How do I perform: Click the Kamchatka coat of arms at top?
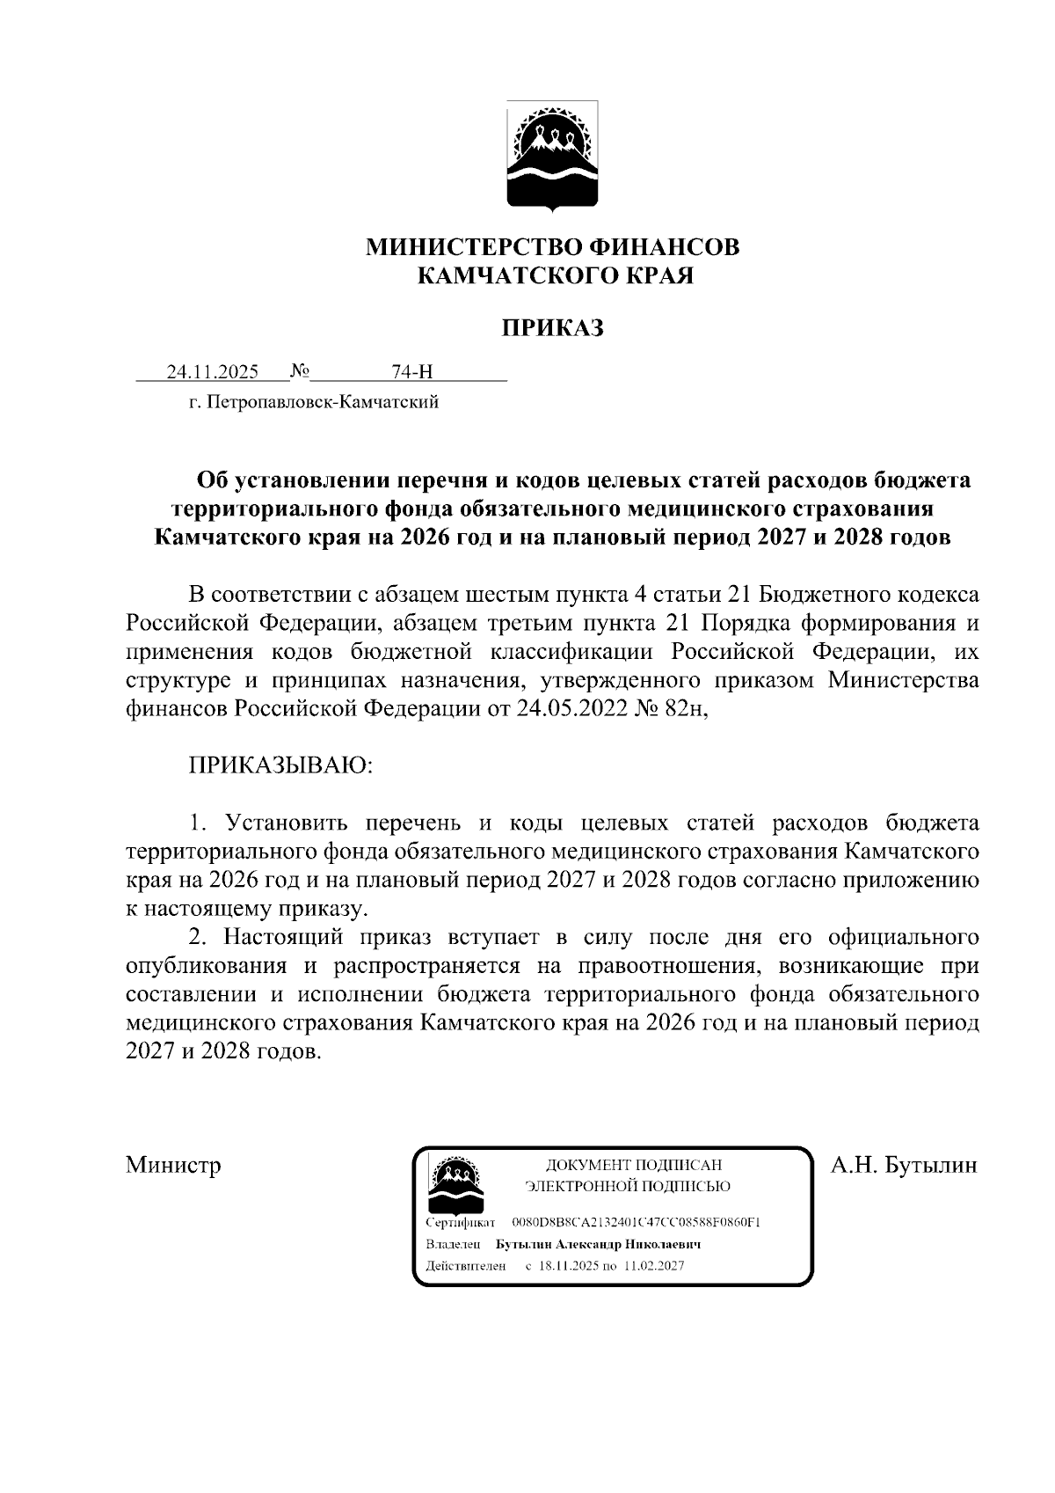(553, 157)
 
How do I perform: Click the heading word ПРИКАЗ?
(553, 328)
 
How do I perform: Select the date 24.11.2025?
(213, 372)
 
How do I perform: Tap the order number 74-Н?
(412, 372)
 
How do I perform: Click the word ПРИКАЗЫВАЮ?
(281, 765)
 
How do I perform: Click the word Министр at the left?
(173, 1166)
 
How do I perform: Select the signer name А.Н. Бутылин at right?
(904, 1166)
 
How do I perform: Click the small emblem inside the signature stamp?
(455, 1182)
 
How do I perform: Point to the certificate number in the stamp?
(636, 1224)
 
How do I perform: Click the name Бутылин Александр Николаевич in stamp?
(598, 1245)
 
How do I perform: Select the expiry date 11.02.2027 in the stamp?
(654, 1266)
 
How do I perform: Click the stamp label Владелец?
(453, 1245)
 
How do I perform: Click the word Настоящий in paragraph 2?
(289, 936)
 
